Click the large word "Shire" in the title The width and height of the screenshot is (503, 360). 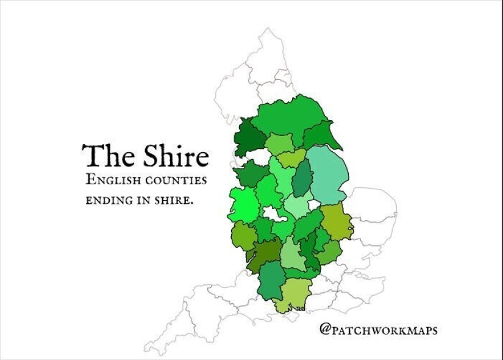175,156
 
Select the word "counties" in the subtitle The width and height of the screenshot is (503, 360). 176,181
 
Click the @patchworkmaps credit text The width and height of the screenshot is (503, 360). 378,330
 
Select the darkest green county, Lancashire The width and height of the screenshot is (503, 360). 248,138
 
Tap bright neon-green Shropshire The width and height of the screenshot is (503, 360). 242,204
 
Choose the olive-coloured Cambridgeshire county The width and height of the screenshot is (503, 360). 335,222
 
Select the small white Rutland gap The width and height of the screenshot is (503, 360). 315,204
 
